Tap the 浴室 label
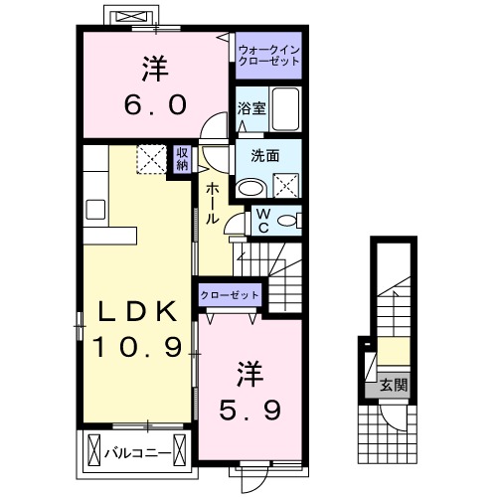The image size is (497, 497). pyautogui.click(x=251, y=108)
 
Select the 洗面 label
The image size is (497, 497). pyautogui.click(x=263, y=155)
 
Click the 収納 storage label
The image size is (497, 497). pyautogui.click(x=182, y=159)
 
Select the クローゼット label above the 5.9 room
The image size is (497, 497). pyautogui.click(x=231, y=295)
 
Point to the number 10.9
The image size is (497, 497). pyautogui.click(x=138, y=347)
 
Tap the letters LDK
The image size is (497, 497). pyautogui.click(x=138, y=312)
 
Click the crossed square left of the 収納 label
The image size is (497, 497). pyautogui.click(x=152, y=158)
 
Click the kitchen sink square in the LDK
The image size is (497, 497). pyautogui.click(x=95, y=209)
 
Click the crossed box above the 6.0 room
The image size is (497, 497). pyautogui.click(x=130, y=18)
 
